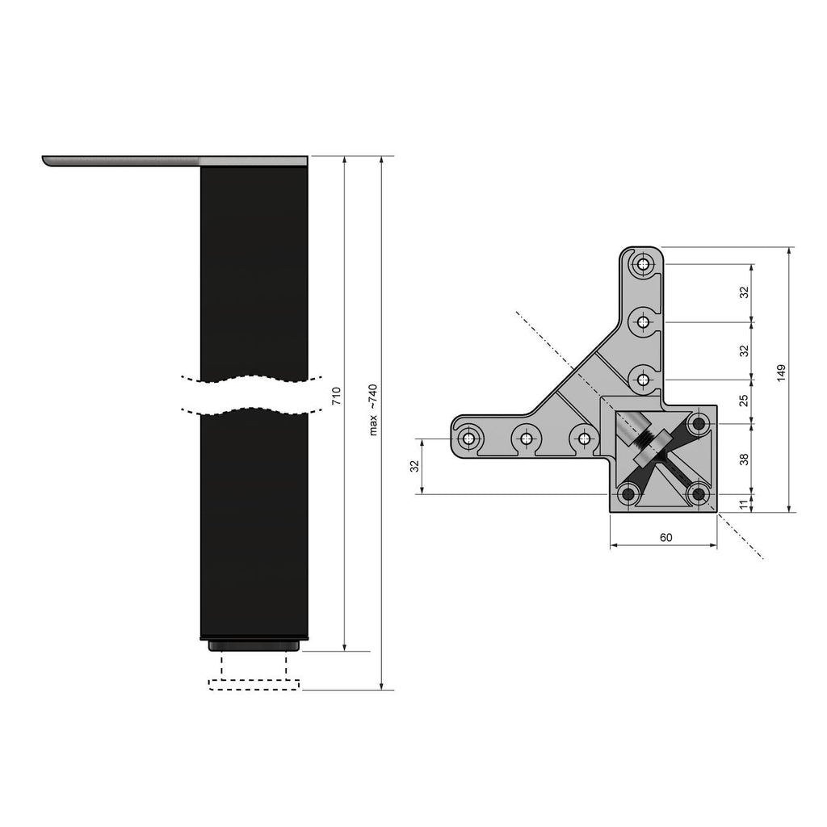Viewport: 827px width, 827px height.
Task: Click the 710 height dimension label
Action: point(337,396)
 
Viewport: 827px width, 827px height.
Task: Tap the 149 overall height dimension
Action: point(781,373)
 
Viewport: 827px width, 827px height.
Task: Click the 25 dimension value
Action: point(745,400)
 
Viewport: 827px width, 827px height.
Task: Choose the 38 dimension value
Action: point(745,459)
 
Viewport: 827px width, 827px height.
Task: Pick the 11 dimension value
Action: point(745,504)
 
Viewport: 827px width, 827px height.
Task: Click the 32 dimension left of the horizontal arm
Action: point(414,466)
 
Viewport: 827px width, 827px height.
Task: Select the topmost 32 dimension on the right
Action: point(745,292)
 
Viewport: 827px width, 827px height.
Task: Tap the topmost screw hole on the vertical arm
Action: point(643,264)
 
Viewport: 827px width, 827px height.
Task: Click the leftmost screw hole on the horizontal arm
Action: point(468,439)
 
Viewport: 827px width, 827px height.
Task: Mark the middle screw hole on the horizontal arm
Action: point(527,439)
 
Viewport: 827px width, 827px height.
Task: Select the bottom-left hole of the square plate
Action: point(628,493)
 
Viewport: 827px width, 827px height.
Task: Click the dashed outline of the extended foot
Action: point(254,685)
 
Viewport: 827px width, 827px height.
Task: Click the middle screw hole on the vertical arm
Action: point(643,322)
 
